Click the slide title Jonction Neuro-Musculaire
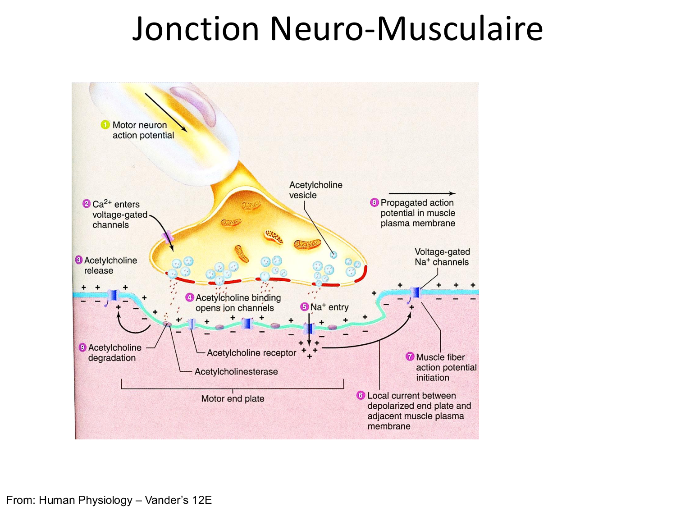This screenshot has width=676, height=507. coord(337,29)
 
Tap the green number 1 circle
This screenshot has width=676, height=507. coord(105,125)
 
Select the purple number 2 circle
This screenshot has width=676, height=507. coord(87,204)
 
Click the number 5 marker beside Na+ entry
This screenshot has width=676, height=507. coord(305,307)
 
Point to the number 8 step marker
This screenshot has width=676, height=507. coord(374,202)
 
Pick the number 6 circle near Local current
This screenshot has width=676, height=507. coord(361,395)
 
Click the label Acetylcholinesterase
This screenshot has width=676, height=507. coord(236,372)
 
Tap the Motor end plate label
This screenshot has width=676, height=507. coord(233,398)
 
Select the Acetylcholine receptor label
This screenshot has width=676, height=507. coord(251,353)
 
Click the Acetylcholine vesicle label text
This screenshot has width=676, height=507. coord(315,190)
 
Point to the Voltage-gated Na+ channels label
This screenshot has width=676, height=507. coord(442,257)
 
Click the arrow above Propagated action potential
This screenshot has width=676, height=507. coord(421,193)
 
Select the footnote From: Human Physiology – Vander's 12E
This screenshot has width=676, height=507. coord(109,500)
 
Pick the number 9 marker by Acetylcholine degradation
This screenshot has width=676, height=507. coord(82,347)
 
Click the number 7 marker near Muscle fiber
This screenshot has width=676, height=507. coord(410,356)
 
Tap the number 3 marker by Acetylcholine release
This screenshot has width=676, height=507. coord(79,260)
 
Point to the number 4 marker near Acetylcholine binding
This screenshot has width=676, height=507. coord(190,297)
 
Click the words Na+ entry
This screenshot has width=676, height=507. coord(329,307)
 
